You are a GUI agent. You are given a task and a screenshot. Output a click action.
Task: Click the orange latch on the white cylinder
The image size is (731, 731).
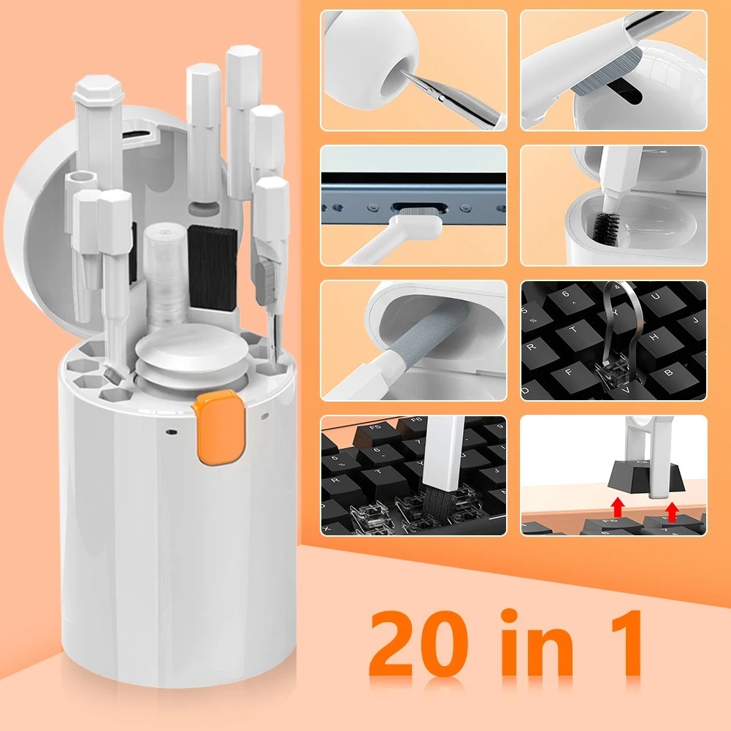point(217,427)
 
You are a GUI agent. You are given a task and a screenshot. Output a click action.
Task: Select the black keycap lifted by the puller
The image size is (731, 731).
point(634,479)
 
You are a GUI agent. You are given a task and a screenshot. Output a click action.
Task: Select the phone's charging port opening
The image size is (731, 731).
point(413,209)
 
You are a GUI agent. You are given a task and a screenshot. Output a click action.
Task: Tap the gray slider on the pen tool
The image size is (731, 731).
point(264,279)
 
